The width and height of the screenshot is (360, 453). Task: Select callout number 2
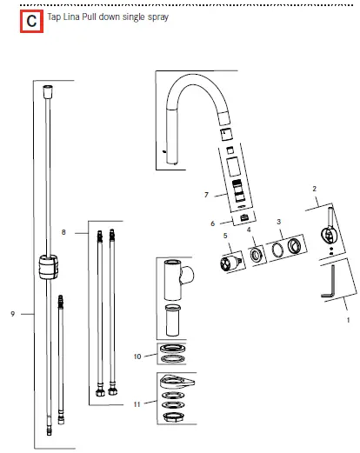314,188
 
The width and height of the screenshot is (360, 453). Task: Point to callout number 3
277,223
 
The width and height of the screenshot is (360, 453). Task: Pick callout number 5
224,235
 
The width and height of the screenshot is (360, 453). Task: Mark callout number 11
137,405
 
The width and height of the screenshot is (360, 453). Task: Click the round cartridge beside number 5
230,261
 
